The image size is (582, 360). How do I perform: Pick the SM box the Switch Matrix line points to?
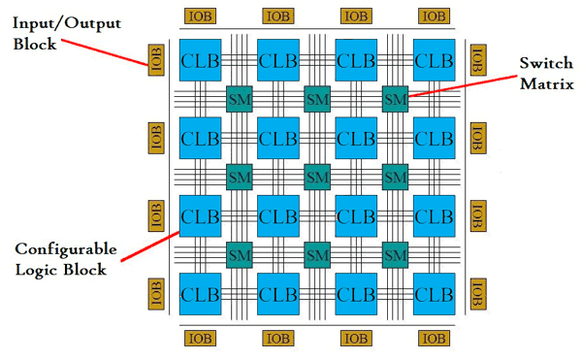395,98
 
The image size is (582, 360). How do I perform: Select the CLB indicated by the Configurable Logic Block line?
198,215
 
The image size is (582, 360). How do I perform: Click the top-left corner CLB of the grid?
198,60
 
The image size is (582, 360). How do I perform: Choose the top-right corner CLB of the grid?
433,60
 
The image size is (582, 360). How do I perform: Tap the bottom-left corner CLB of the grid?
198,293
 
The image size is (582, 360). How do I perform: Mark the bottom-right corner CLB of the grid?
433,293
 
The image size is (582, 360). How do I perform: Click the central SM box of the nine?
316,177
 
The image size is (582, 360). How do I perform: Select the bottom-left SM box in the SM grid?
238,254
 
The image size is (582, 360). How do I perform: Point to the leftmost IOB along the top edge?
199,16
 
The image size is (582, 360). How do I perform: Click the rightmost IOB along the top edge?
434,16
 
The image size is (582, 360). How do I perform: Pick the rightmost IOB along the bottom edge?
434,338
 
